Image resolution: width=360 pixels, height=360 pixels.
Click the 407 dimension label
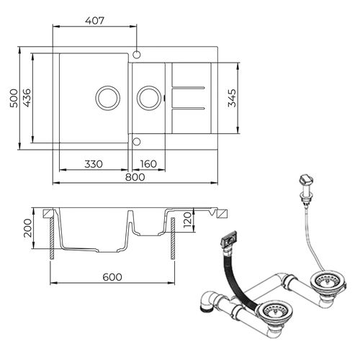click(94, 21)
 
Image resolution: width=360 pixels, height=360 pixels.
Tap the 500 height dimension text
click(14, 98)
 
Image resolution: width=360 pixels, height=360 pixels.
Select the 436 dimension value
click(27, 98)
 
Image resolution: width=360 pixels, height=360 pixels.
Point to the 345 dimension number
click(232, 98)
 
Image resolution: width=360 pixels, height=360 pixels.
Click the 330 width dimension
click(94, 164)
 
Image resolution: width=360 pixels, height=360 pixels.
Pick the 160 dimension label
click(148, 164)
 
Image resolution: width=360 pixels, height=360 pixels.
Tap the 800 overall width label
click(135, 177)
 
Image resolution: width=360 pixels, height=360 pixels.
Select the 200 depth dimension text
click(27, 228)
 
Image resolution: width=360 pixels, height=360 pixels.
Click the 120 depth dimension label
click(187, 220)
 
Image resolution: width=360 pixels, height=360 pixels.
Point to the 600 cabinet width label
click(112, 277)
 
